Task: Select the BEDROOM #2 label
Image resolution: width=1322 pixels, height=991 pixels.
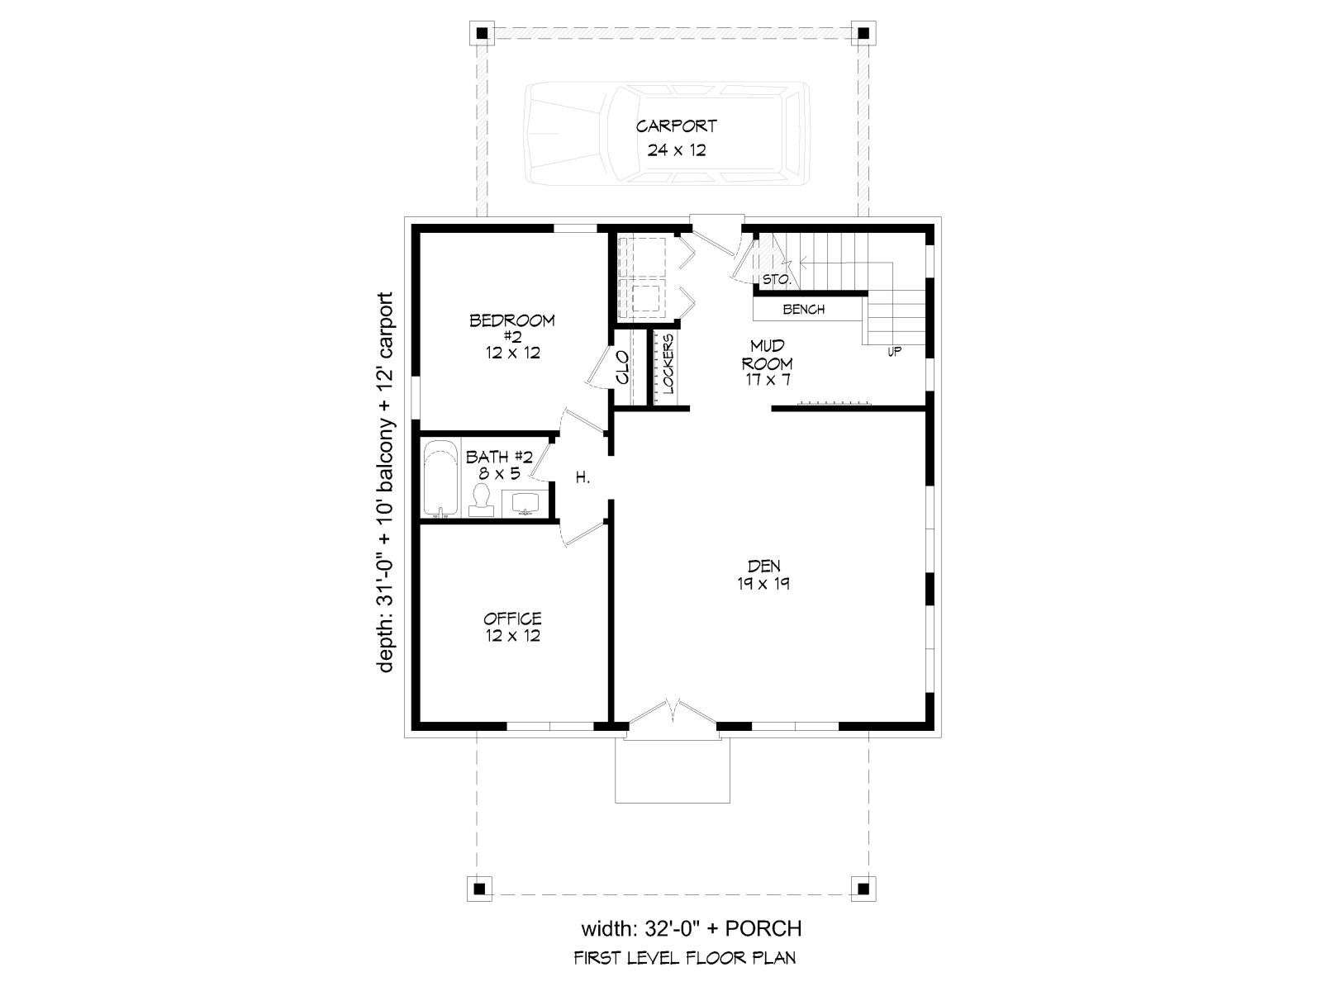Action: point(512,336)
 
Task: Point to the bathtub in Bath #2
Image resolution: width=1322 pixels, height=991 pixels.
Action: point(441,478)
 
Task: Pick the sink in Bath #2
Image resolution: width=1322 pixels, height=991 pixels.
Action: point(525,504)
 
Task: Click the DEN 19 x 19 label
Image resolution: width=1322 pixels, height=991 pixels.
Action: point(763,574)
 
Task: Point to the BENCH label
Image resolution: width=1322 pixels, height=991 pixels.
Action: point(803,309)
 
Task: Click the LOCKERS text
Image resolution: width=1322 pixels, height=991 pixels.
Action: point(668,363)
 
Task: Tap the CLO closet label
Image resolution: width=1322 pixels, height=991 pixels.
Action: point(622,367)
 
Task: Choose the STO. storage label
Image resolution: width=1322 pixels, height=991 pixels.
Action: point(776,279)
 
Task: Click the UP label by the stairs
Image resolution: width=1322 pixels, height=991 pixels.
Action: point(894,352)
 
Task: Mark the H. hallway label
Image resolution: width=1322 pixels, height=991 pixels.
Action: point(582,478)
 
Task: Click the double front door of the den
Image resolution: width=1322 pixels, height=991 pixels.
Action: point(673,716)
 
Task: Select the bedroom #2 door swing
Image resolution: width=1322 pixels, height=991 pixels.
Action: point(581,420)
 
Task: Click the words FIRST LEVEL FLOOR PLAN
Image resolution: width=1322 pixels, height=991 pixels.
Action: point(685,957)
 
